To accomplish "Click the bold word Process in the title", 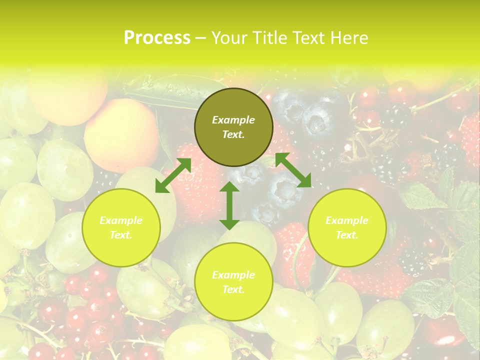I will (157, 38).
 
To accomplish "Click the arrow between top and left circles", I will (173, 175).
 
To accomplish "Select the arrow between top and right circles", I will (293, 170).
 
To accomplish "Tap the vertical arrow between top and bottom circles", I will (229, 205).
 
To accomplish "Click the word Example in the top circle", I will (233, 120).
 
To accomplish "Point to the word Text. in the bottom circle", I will (233, 289).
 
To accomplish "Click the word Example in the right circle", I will (347, 220).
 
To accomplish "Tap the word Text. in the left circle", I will (121, 235).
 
